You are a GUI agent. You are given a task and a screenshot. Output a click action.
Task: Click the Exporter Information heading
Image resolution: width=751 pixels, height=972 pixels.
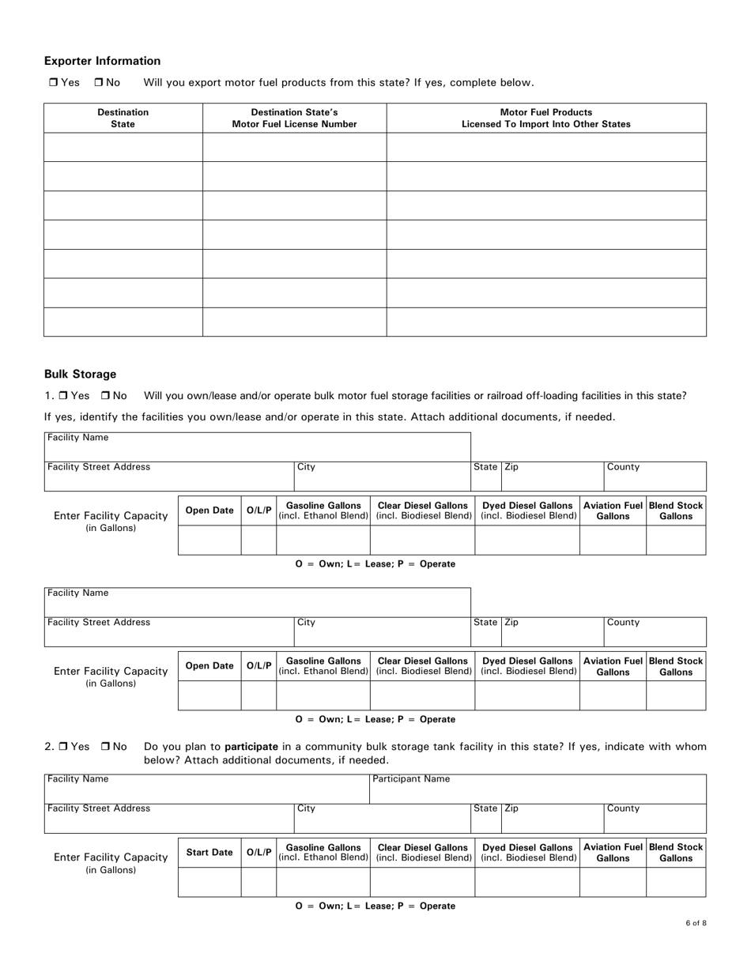click(102, 61)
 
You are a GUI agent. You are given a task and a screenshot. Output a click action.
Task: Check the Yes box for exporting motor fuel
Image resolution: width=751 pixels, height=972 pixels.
click(53, 82)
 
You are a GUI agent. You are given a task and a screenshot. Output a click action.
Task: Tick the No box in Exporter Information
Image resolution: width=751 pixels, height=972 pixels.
click(99, 82)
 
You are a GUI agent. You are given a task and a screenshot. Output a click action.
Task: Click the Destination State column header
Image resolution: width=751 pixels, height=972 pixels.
click(123, 118)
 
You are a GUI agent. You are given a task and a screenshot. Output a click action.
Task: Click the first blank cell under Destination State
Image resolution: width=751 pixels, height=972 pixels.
click(123, 147)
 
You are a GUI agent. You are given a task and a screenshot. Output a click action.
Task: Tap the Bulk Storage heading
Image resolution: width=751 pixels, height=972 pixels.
click(80, 374)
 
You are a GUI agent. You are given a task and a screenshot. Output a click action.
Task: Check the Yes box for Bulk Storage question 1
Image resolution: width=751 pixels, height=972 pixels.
click(63, 395)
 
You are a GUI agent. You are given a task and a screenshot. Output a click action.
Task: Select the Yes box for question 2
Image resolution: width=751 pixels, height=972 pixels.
click(63, 746)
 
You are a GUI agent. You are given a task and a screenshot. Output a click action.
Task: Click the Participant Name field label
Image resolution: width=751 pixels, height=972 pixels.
click(411, 779)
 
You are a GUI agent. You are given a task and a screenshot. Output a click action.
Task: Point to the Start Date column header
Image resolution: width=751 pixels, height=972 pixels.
click(209, 853)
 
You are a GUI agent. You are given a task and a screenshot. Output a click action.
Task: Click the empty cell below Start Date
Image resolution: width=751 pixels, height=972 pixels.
click(209, 882)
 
